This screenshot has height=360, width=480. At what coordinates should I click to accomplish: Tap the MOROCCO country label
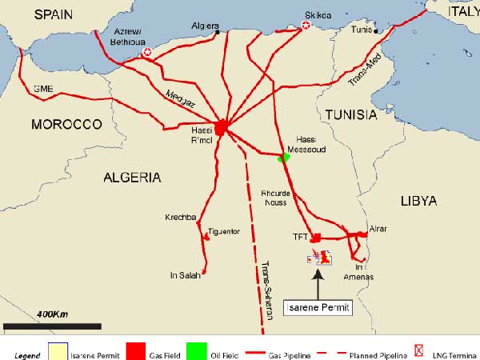point(66,125)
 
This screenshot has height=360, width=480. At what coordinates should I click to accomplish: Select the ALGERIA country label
point(132,178)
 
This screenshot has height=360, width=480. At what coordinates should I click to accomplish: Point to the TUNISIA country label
point(350,115)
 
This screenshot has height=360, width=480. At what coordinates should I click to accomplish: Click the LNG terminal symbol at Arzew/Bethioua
point(146,53)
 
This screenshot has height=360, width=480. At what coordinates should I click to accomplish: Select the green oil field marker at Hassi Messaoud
point(282,158)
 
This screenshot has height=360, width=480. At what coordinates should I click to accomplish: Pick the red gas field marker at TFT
point(316,237)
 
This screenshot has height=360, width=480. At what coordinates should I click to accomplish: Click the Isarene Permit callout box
point(318,308)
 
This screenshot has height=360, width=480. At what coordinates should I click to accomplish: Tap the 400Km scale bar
point(52,326)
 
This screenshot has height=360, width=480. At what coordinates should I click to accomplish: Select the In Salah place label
point(185,275)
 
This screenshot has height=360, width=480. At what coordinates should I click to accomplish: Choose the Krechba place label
point(181,218)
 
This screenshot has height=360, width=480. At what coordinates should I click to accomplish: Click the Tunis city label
point(362,30)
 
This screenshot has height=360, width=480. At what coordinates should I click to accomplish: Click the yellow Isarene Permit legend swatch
point(58,352)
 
